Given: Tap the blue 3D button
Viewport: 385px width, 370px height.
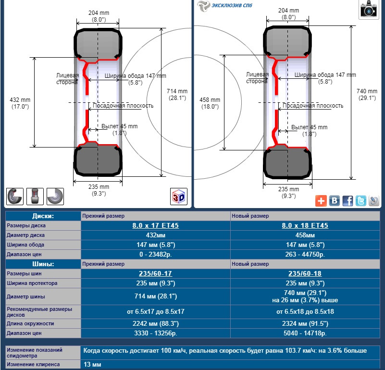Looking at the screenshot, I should tap(179, 196).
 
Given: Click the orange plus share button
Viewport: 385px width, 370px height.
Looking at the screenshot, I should tap(321, 201).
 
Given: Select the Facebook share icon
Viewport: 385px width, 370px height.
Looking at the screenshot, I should tap(348, 201).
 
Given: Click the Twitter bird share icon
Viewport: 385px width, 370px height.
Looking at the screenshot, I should tap(360, 201).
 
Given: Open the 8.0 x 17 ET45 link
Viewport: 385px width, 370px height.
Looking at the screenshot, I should tap(156, 225).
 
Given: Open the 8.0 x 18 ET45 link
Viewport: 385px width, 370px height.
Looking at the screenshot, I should tap(305, 225).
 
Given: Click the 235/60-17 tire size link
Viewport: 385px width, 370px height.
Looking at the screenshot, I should tap(156, 273).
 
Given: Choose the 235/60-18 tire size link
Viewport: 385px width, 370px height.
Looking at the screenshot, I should tap(305, 273).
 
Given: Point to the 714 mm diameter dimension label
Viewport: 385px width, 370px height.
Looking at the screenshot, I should tap(177, 94).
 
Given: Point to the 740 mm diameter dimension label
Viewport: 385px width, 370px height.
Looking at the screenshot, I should tap(367, 94).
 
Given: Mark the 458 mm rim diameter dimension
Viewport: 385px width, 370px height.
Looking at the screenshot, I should tap(209, 103).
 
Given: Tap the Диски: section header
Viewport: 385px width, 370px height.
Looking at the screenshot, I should tap(43, 216).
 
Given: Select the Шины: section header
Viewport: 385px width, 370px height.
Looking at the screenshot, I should tap(43, 264).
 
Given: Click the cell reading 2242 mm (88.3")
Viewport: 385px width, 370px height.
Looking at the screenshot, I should tap(156, 323).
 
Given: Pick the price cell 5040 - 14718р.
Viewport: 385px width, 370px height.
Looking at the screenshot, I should tap(305, 333).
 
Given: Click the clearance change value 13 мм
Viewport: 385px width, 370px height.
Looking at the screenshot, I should tap(92, 365).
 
